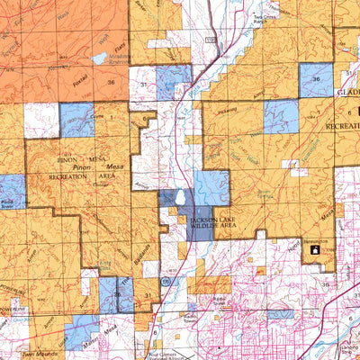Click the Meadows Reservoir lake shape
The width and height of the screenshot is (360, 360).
[x=99, y=59]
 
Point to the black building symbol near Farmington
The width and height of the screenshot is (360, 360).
[x=314, y=252]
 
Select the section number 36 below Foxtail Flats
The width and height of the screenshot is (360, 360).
[x=110, y=82]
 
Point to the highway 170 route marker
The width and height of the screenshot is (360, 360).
[x=209, y=40]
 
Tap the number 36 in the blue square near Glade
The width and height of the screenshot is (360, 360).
[x=316, y=80]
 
